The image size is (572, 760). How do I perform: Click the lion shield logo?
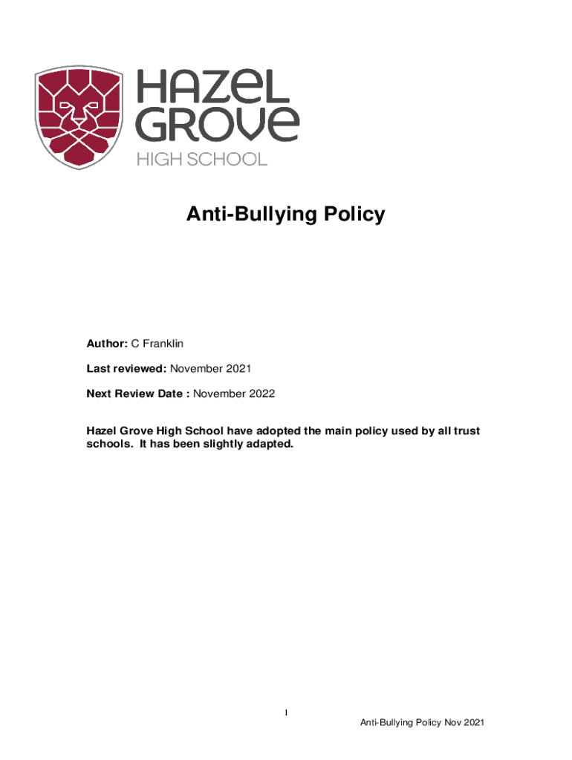point(80,116)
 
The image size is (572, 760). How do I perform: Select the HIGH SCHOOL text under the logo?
point(201,159)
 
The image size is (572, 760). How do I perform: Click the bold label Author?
point(107,344)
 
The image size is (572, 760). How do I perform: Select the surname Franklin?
point(163,344)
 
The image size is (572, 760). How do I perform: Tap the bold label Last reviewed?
point(127,368)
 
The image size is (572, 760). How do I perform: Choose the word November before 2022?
point(221,393)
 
